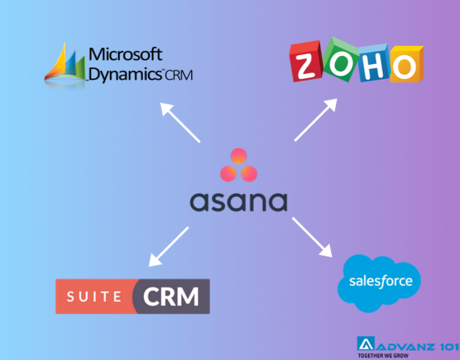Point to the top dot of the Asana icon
point(238,156)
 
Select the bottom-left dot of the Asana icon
point(228,173)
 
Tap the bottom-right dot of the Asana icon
point(249,173)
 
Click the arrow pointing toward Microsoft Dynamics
point(180,122)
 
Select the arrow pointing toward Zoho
point(315,120)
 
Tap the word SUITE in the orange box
point(94,297)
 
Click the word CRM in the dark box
point(172,297)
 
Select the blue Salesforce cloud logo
point(380,282)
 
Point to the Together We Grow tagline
point(408,354)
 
